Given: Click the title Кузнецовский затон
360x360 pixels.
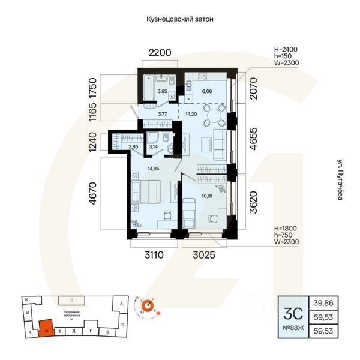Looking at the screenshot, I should pos(180,19).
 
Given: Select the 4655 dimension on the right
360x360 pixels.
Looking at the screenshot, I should pos(254,139).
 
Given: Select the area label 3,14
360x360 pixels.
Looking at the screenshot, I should pos(153,146).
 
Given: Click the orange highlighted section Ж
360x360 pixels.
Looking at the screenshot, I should pos(44,328).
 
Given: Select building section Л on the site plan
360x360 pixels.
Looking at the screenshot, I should pos(71,299).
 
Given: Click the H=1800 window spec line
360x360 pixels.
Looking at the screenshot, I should pos(285,229).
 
